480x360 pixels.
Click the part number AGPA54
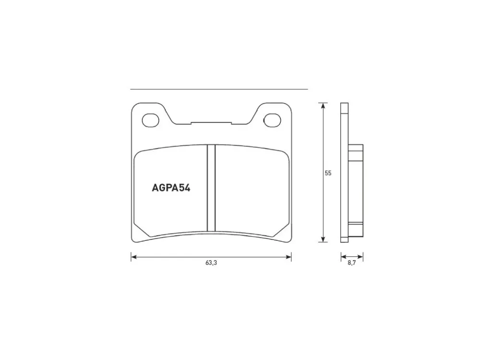pyautogui.click(x=171, y=188)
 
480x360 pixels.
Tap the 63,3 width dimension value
pyautogui.click(x=211, y=263)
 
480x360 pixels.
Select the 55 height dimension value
pyautogui.click(x=328, y=173)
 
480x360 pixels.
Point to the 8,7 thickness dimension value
pyautogui.click(x=351, y=263)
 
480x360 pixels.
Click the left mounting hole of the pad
pyautogui.click(x=151, y=120)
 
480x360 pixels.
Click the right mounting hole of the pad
pyautogui.click(x=272, y=120)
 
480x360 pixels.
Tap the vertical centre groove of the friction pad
pyautogui.click(x=211, y=188)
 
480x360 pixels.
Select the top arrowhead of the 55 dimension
pyautogui.click(x=323, y=106)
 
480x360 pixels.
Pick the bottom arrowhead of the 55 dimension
pyautogui.click(x=323, y=239)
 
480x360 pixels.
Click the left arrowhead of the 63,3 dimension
pyautogui.click(x=134, y=257)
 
